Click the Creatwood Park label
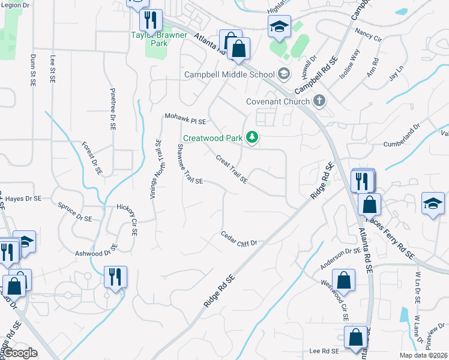[212, 138]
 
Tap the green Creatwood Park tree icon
[253, 138]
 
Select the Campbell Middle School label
[229, 75]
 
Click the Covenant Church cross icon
[319, 101]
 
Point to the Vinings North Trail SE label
[155, 169]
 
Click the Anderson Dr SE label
[339, 256]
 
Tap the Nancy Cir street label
[368, 34]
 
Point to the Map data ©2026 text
[423, 355]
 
